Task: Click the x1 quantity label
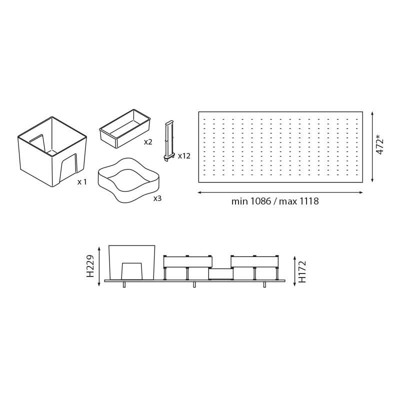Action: click(x=82, y=182)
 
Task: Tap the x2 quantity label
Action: click(x=148, y=142)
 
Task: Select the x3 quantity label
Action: click(x=157, y=198)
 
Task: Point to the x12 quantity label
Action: click(x=184, y=156)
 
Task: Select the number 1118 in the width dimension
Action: click(x=308, y=201)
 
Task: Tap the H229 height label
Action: click(x=90, y=266)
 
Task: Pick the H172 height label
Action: click(x=302, y=271)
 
